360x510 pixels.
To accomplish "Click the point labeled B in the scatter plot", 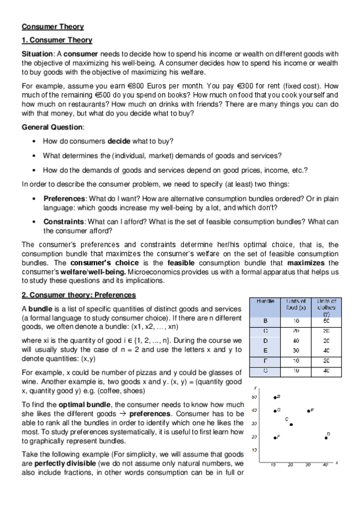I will tap(274, 398).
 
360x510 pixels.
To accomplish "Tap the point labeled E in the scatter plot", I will tap(308, 411).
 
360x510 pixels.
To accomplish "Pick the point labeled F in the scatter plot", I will tap(274, 438).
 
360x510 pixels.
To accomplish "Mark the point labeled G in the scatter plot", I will tap(274, 411).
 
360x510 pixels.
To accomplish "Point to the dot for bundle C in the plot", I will tap(291, 425).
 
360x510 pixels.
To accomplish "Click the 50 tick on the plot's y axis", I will tap(254, 398).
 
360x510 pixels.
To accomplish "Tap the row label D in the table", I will tap(266, 340).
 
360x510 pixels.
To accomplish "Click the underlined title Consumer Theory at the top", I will tap(53, 26).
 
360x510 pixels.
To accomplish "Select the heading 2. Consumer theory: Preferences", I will tap(79, 295).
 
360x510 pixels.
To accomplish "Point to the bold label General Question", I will tap(52, 127).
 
